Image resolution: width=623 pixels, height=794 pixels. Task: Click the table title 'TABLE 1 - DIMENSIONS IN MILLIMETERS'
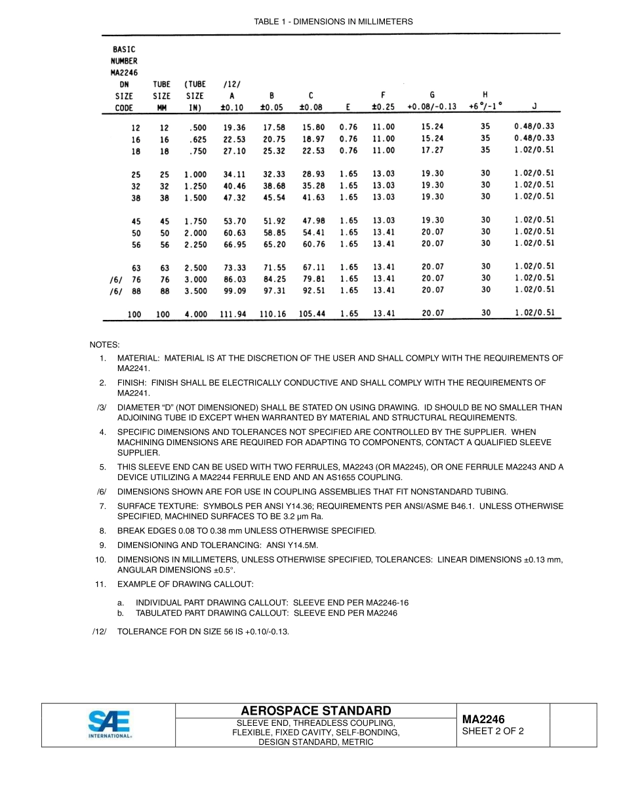tap(333, 22)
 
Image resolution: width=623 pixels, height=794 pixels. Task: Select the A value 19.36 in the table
tap(234, 128)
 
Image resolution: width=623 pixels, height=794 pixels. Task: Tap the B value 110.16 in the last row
tap(272, 314)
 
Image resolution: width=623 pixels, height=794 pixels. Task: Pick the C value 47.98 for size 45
tap(313, 221)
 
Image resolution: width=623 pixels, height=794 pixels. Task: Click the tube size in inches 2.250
tap(195, 245)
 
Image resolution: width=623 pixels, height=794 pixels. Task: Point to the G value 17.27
tap(432, 150)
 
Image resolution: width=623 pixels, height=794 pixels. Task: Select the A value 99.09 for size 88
tap(234, 290)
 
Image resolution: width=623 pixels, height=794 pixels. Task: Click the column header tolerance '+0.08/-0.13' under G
tap(432, 107)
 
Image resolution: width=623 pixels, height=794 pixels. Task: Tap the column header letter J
tap(534, 106)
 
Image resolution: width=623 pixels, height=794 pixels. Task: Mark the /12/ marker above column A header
tap(232, 85)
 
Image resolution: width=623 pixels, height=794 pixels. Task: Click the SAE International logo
tap(110, 725)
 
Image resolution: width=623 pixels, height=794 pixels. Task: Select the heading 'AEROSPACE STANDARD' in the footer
tap(316, 711)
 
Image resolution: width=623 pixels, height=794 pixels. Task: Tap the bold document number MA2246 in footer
tap(483, 719)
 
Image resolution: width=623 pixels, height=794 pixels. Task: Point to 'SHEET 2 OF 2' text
tap(493, 731)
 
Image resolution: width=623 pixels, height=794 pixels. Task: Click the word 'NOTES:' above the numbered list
tap(104, 345)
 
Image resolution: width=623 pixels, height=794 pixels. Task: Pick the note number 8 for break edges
tap(102, 530)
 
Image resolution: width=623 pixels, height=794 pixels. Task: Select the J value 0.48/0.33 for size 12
tap(534, 127)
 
